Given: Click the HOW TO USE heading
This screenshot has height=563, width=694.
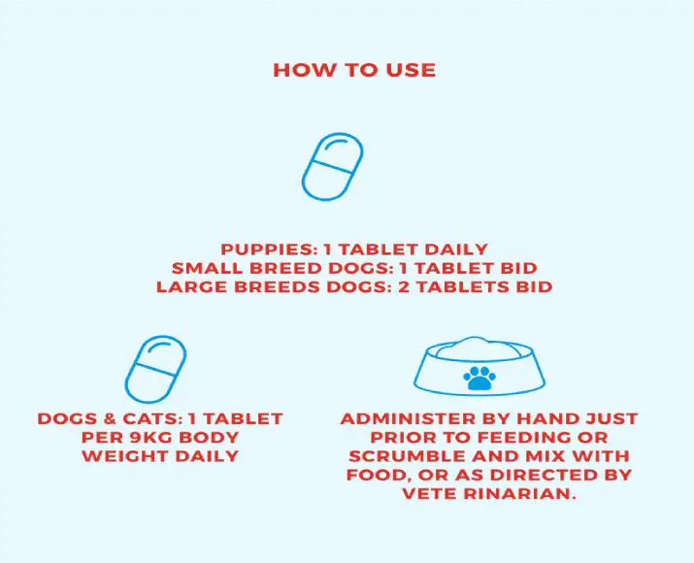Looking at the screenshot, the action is coord(354,70).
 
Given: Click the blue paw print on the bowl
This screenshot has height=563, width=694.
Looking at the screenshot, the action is coord(479,378).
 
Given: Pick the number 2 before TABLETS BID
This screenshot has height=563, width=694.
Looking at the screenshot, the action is coord(405,286).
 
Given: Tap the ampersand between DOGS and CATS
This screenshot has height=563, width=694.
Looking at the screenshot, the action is coord(111,418).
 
